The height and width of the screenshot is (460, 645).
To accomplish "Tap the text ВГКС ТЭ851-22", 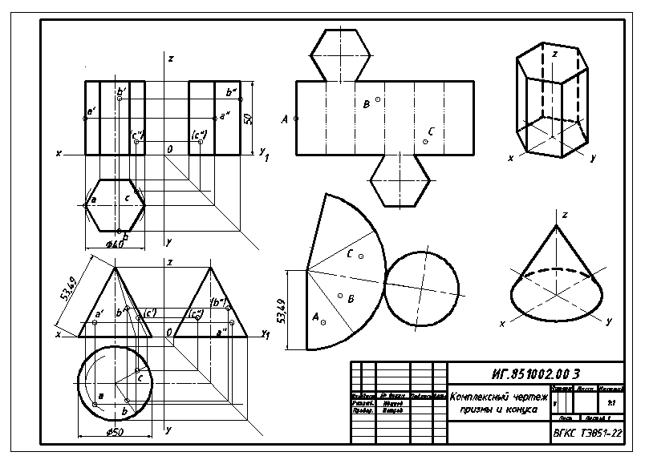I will [x=587, y=433].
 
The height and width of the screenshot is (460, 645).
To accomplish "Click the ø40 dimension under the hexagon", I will [x=114, y=244].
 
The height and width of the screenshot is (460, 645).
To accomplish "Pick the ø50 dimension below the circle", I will [x=115, y=433].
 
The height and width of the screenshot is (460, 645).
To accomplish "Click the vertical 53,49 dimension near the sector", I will [x=282, y=309].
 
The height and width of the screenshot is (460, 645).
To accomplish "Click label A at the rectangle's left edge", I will [x=285, y=119].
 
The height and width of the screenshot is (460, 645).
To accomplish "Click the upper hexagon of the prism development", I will [x=340, y=54].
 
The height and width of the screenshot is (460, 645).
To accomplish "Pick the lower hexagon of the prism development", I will [x=399, y=180].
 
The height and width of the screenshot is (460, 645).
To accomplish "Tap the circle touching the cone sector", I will [x=422, y=287].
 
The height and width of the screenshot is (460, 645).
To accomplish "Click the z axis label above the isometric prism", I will [x=554, y=53].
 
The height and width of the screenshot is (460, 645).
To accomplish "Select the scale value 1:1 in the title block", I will [x=612, y=402].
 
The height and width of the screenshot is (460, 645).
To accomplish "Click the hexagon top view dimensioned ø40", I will [x=115, y=204].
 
